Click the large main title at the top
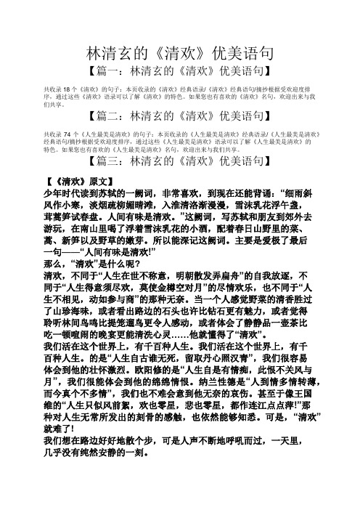tap(179, 53)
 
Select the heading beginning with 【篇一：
tap(179, 70)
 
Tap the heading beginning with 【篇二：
tap(179, 116)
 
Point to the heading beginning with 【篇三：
tap(179, 160)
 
